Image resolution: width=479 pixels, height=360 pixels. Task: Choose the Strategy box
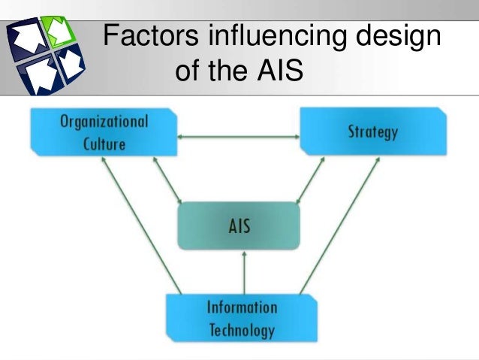click(x=372, y=132)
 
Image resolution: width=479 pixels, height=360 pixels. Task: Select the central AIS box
click(x=239, y=226)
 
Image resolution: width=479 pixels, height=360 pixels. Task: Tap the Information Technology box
click(x=241, y=318)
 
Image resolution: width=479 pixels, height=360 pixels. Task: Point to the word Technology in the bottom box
click(x=241, y=329)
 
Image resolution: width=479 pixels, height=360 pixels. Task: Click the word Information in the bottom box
click(x=241, y=307)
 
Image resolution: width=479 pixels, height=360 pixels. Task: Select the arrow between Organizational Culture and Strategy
click(x=239, y=136)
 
